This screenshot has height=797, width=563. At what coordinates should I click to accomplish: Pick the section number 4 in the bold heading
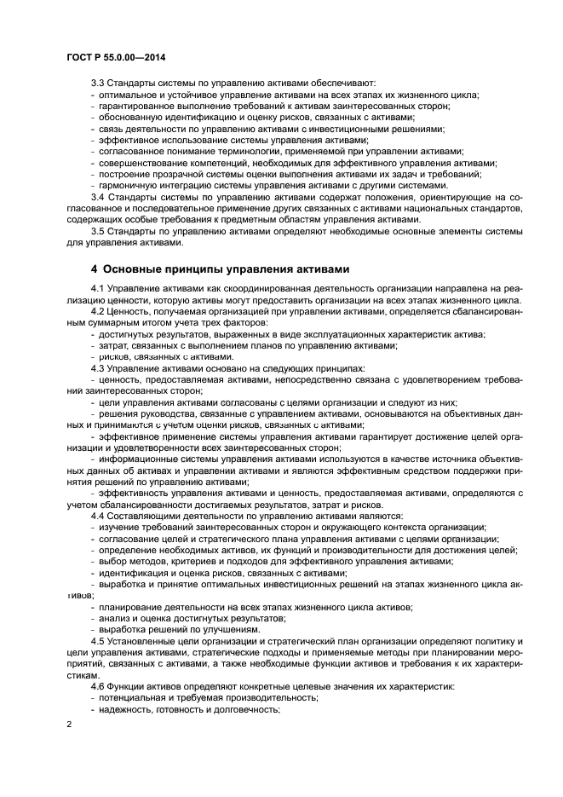tap(95, 269)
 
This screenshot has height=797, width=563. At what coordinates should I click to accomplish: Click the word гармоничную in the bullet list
tap(128, 185)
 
